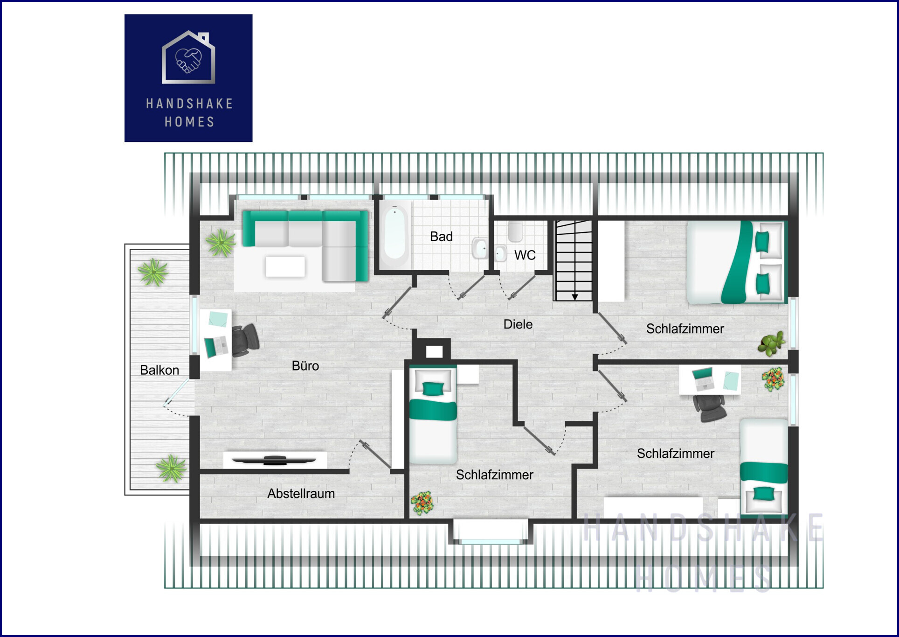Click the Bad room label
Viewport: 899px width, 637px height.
441,237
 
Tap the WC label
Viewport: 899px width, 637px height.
525,255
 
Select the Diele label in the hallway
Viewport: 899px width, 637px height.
518,324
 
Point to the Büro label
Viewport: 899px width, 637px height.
305,366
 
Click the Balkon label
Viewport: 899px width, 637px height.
159,370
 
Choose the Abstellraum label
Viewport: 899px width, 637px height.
301,493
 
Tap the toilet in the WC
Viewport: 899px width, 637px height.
515,231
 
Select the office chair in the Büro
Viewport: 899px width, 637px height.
245,340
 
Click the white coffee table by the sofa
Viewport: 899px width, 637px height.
285,266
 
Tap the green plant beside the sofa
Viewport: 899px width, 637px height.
220,242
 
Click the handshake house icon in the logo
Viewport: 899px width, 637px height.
188,57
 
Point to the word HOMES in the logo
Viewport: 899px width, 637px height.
189,122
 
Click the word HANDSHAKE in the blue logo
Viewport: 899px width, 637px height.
189,103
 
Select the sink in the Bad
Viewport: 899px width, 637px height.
480,248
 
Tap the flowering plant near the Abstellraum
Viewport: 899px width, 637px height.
422,503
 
